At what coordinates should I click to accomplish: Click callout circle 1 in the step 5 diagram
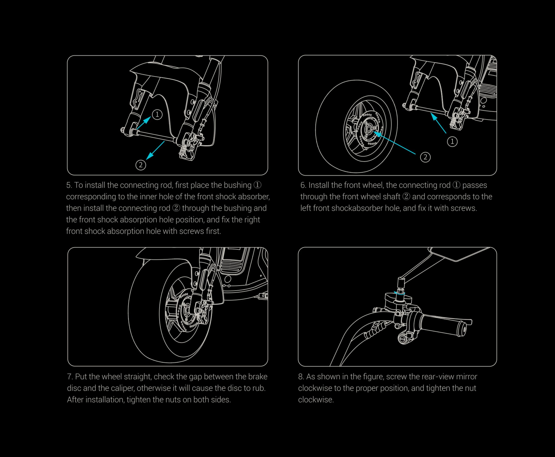point(157,114)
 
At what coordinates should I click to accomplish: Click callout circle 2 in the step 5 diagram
point(141,165)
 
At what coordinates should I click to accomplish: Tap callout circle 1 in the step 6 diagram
point(452,142)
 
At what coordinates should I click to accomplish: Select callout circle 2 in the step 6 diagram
point(425,157)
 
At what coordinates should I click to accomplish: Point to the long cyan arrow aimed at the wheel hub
point(395,144)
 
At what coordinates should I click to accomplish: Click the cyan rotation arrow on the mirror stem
point(399,293)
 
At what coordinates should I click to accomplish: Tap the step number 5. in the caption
point(69,185)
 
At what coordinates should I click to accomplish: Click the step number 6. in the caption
point(303,185)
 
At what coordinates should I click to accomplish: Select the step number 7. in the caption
point(70,377)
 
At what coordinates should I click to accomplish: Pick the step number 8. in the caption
point(301,377)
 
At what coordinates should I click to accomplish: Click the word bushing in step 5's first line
point(237,185)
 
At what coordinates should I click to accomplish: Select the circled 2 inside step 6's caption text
point(406,197)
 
